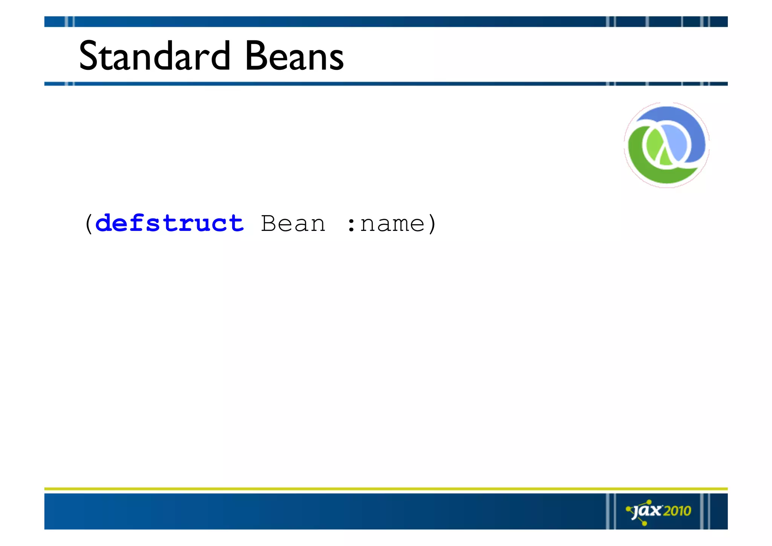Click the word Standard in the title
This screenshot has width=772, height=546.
pyautogui.click(x=154, y=56)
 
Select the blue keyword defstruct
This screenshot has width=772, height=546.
pyautogui.click(x=170, y=223)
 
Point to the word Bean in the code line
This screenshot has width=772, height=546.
pyautogui.click(x=293, y=223)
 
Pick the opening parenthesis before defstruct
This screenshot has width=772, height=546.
pyautogui.click(x=89, y=224)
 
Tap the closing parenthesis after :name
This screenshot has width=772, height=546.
pyautogui.click(x=432, y=224)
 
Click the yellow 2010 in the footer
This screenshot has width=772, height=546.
pyautogui.click(x=677, y=511)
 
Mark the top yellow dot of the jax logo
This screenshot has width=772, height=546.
pyautogui.click(x=649, y=502)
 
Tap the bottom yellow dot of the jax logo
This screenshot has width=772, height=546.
pyautogui.click(x=644, y=523)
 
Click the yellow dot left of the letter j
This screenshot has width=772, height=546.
pyautogui.click(x=628, y=509)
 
